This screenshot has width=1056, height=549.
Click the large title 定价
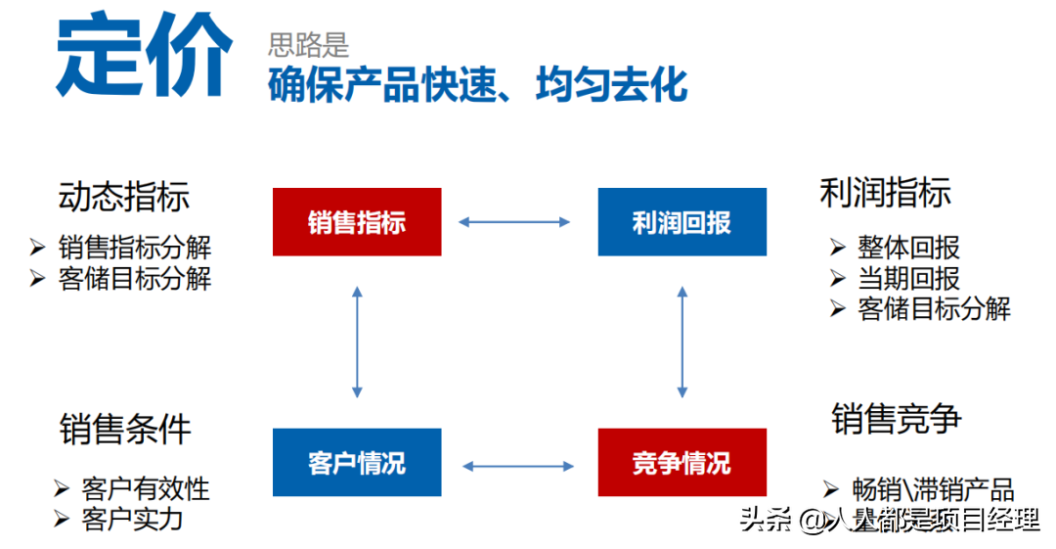point(145,57)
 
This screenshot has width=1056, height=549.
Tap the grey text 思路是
point(309,44)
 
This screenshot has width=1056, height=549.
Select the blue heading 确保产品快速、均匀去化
point(478,86)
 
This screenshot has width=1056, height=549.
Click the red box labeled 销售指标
point(357,222)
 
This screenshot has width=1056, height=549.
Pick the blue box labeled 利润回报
point(682,222)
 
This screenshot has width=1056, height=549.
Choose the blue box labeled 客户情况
point(357,462)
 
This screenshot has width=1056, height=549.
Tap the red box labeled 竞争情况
point(682,462)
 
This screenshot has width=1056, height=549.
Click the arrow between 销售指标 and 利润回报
point(514,222)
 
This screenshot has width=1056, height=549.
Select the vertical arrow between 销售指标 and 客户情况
point(357,342)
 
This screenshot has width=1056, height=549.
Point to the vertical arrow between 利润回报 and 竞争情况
point(682,342)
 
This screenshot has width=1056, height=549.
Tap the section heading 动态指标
point(124,196)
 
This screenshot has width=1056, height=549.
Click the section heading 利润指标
point(885,193)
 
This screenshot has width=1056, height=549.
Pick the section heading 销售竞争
point(897,418)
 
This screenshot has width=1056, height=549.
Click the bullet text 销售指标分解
point(135,247)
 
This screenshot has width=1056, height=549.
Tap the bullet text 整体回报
point(908,247)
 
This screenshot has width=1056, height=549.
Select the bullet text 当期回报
point(908,278)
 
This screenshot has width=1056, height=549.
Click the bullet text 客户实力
point(132,519)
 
